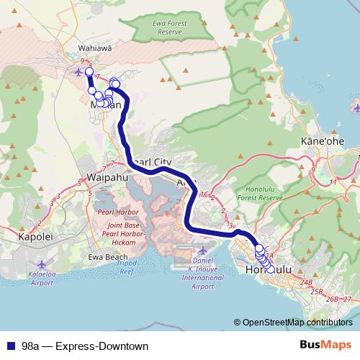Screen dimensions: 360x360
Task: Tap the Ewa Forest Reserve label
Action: tap(169, 28)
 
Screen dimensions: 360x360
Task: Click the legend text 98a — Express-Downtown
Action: tap(85, 346)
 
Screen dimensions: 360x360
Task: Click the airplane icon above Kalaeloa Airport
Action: tap(41, 264)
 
